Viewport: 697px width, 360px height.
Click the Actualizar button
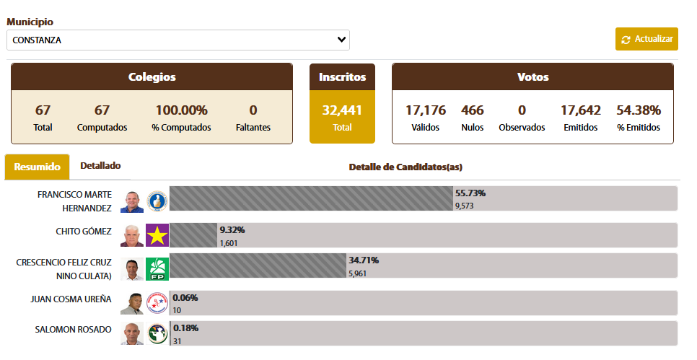pyautogui.click(x=646, y=39)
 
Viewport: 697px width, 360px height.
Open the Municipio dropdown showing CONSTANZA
pyautogui.click(x=177, y=40)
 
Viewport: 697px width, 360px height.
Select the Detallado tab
pyautogui.click(x=100, y=166)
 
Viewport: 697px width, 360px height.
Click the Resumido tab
pyautogui.click(x=37, y=167)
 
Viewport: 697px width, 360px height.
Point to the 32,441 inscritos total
pyautogui.click(x=342, y=110)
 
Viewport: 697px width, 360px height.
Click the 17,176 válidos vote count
pyautogui.click(x=425, y=110)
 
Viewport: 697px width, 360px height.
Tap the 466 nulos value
pyautogui.click(x=473, y=110)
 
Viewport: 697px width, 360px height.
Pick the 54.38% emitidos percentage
pyautogui.click(x=639, y=110)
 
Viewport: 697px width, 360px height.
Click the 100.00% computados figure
pyautogui.click(x=181, y=110)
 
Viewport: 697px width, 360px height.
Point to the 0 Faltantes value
pyautogui.click(x=253, y=110)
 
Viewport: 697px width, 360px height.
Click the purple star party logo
pyautogui.click(x=157, y=235)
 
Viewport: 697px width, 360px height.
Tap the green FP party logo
pyautogui.click(x=157, y=269)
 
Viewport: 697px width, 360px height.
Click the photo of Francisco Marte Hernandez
pyautogui.click(x=132, y=201)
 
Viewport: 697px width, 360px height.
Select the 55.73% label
pyautogui.click(x=470, y=193)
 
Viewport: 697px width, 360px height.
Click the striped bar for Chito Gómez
pyautogui.click(x=193, y=235)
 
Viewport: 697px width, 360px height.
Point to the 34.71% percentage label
pyautogui.click(x=364, y=260)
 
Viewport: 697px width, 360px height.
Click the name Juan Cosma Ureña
pyautogui.click(x=71, y=299)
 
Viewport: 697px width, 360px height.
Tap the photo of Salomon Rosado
pyautogui.click(x=132, y=333)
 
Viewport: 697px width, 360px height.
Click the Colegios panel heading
pyautogui.click(x=152, y=77)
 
